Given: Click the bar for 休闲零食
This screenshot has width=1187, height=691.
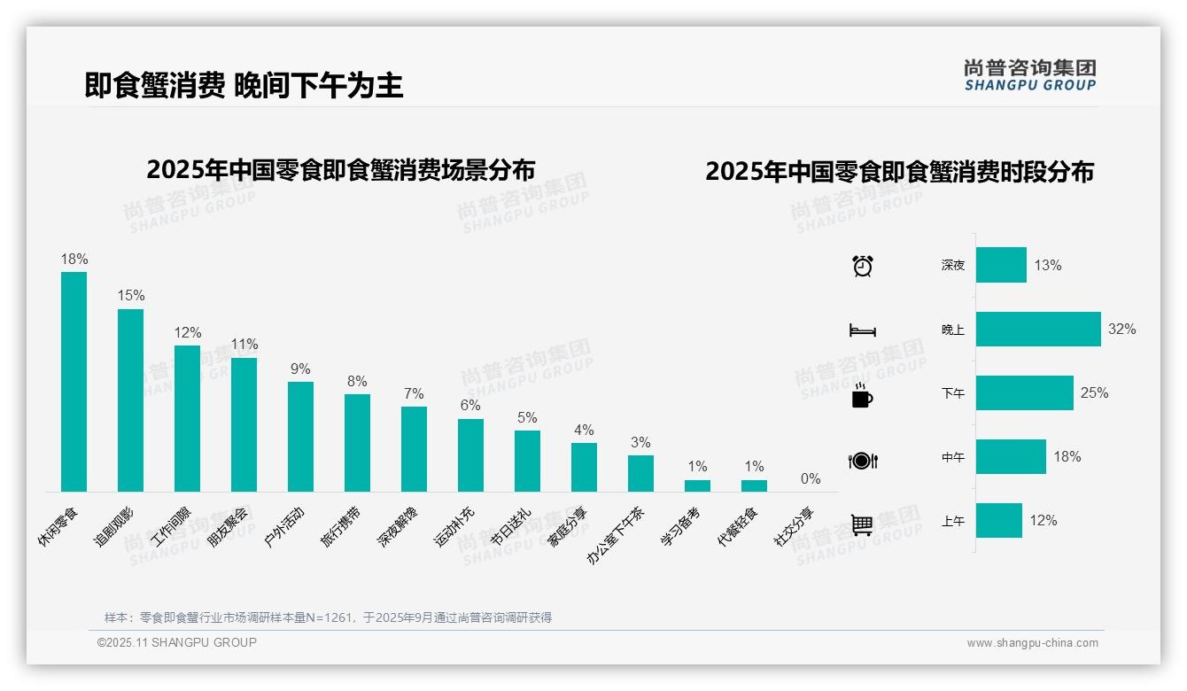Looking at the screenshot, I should (x=74, y=382).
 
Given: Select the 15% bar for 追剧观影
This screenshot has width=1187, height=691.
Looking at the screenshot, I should (x=130, y=400).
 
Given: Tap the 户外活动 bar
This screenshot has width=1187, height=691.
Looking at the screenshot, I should (x=300, y=437).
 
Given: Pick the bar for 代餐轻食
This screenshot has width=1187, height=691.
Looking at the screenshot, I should (x=754, y=485).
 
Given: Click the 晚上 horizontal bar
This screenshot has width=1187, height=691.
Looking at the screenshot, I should (x=1038, y=330).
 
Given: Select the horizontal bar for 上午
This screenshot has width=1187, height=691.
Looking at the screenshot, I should (x=999, y=521).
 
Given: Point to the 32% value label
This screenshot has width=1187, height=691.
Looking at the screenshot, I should (x=1121, y=330).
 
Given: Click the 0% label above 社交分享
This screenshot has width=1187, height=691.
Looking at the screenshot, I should (x=811, y=479).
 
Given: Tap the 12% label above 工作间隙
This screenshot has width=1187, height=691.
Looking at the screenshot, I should (x=188, y=333).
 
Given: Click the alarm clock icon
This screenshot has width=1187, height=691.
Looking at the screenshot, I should (x=863, y=266).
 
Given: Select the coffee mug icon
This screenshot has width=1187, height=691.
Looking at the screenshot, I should (x=862, y=396).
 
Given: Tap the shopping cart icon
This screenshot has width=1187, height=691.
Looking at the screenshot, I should (x=862, y=524).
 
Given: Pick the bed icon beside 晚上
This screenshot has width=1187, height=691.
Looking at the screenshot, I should (x=862, y=330).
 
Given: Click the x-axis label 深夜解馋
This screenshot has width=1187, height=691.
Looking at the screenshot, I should (x=399, y=527).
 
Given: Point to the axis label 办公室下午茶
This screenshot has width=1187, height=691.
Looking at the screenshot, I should (x=617, y=535).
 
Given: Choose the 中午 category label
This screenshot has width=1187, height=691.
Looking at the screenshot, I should (x=953, y=458).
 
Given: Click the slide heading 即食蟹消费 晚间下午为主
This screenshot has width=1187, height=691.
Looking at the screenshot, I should (x=244, y=86).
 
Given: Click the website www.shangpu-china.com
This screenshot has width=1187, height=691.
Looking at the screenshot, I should (x=1032, y=643).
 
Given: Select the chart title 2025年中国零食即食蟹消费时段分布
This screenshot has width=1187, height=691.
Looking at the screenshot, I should (x=899, y=172).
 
